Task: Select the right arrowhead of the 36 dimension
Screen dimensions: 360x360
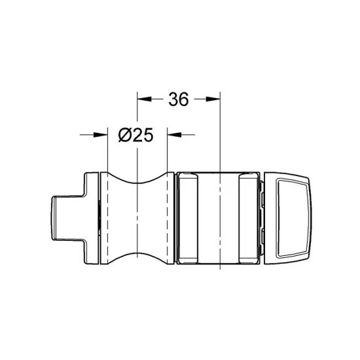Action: pyautogui.click(x=214, y=99)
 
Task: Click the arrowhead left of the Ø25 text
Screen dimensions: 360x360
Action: pyautogui.click(x=100, y=134)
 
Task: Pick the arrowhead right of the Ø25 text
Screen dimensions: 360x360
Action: pyautogui.click(x=174, y=134)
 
